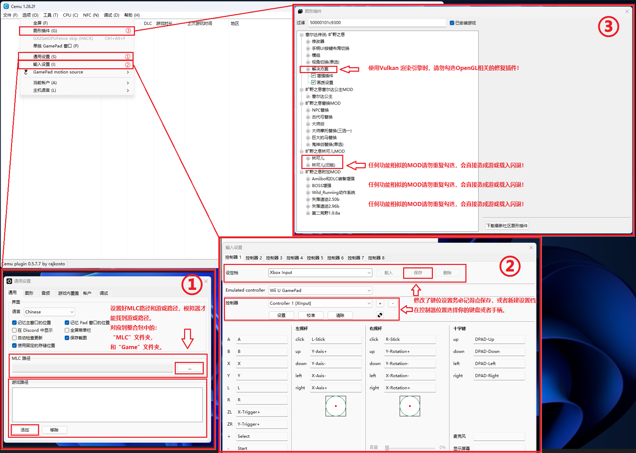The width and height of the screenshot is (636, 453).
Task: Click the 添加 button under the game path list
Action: click(x=25, y=430)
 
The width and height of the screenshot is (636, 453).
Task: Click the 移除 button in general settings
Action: click(x=54, y=430)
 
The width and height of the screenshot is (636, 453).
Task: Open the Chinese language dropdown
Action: click(x=49, y=312)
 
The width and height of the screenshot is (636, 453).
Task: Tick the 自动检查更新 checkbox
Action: click(x=15, y=338)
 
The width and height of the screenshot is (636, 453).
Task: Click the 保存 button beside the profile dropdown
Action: click(x=418, y=273)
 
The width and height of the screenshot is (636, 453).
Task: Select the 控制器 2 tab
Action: click(x=254, y=258)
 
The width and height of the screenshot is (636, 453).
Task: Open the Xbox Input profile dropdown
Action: click(x=320, y=273)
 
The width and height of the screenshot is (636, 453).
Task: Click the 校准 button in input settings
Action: click(x=311, y=315)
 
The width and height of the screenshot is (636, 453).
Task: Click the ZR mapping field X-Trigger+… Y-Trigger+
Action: click(x=262, y=424)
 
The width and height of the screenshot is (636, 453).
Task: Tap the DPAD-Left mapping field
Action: click(x=499, y=363)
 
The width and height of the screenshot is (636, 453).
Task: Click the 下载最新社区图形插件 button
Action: click(x=507, y=226)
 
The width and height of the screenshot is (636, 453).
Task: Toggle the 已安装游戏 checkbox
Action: click(x=452, y=23)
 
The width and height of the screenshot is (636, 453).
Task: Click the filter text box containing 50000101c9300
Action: click(x=377, y=23)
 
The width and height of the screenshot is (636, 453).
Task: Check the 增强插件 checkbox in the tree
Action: click(x=314, y=75)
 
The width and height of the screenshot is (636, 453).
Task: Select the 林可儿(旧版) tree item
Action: click(x=323, y=165)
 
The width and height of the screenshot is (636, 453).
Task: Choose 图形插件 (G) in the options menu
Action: click(x=45, y=30)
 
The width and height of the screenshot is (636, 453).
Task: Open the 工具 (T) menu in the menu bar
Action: click(x=51, y=15)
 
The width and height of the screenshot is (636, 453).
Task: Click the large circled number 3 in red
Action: click(x=608, y=27)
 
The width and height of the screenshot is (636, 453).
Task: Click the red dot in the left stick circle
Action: click(x=336, y=406)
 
